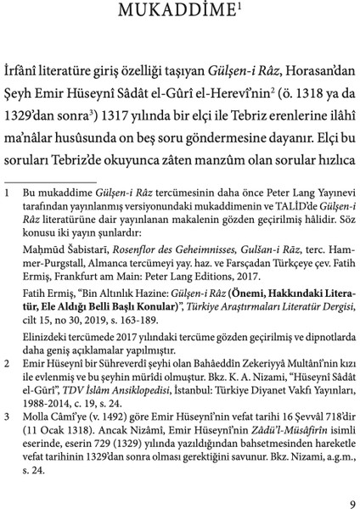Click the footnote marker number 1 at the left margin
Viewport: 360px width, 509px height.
click(x=8, y=194)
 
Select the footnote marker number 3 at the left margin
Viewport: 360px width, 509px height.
click(x=8, y=417)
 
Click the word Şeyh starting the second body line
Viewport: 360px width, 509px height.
click(x=19, y=75)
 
